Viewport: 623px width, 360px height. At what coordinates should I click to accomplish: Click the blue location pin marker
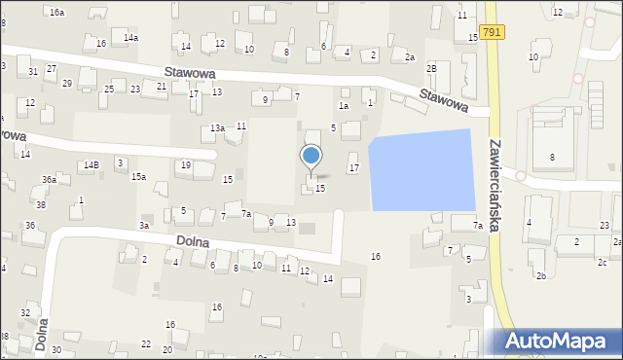[311, 157]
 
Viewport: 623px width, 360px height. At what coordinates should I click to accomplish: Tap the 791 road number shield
[492, 32]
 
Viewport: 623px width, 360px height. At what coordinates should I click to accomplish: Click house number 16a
[57, 12]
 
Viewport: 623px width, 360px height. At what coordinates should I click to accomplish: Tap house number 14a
[130, 37]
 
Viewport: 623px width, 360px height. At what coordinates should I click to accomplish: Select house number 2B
[431, 69]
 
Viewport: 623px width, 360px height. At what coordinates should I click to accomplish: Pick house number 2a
[410, 57]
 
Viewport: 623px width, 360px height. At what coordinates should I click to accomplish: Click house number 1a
[343, 105]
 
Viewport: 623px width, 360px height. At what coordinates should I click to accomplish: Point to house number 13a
[218, 128]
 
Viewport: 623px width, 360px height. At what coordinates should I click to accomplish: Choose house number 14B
[91, 165]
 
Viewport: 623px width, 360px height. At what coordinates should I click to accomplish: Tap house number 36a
[49, 180]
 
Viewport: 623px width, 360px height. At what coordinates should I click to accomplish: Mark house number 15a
[139, 176]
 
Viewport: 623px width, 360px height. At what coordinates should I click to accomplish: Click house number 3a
[144, 226]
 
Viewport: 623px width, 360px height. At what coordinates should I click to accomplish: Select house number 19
[185, 165]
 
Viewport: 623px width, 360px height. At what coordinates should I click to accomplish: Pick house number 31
[33, 72]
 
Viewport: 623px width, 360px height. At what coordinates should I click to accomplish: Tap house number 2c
[602, 263]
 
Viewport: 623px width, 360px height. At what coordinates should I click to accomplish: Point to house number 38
[41, 205]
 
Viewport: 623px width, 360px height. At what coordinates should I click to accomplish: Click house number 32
[24, 312]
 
